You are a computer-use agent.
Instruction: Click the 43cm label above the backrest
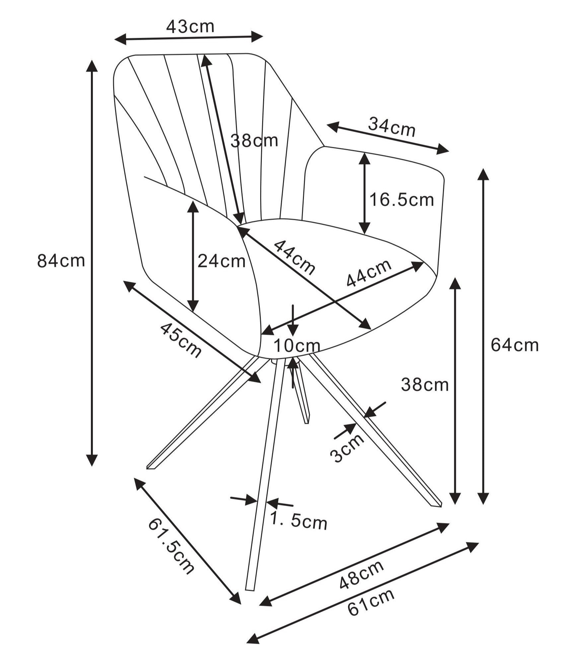(190, 26)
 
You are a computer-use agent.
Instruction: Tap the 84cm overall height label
(61, 260)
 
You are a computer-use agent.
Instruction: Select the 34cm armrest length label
(392, 127)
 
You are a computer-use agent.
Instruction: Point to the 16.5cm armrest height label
(402, 200)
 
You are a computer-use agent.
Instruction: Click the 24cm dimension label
(221, 261)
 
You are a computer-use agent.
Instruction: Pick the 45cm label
(181, 341)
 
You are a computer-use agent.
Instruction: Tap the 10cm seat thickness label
(297, 346)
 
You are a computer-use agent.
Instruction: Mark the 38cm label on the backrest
(254, 141)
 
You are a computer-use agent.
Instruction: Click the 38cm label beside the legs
(425, 385)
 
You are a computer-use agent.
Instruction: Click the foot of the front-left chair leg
(151, 467)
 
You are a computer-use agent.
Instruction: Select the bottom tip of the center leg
(250, 589)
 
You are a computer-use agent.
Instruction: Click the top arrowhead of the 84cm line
(92, 65)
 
